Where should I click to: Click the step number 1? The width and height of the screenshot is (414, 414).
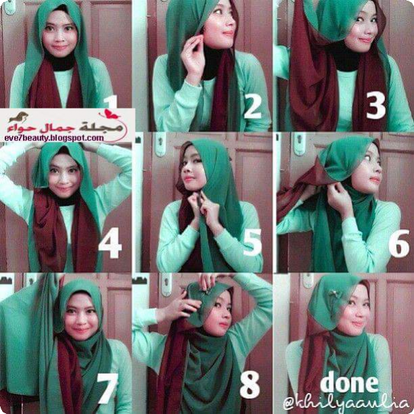(111, 102)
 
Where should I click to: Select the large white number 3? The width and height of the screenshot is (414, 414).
(376, 105)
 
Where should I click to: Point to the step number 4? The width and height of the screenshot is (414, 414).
(110, 243)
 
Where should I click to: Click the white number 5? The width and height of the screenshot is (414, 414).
(252, 242)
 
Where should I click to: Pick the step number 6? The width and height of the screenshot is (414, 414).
(399, 243)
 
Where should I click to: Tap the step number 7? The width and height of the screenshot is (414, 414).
(107, 388)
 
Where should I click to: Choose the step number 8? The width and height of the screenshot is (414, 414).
(249, 386)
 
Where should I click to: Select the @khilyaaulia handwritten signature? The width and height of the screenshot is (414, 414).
(346, 403)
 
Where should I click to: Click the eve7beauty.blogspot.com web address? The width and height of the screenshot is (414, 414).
(54, 138)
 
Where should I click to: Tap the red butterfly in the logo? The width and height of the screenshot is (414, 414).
(109, 114)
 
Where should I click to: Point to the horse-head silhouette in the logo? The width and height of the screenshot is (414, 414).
(18, 117)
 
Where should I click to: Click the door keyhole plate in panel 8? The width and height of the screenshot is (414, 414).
(167, 285)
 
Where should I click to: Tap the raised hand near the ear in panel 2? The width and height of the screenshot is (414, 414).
(194, 57)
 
